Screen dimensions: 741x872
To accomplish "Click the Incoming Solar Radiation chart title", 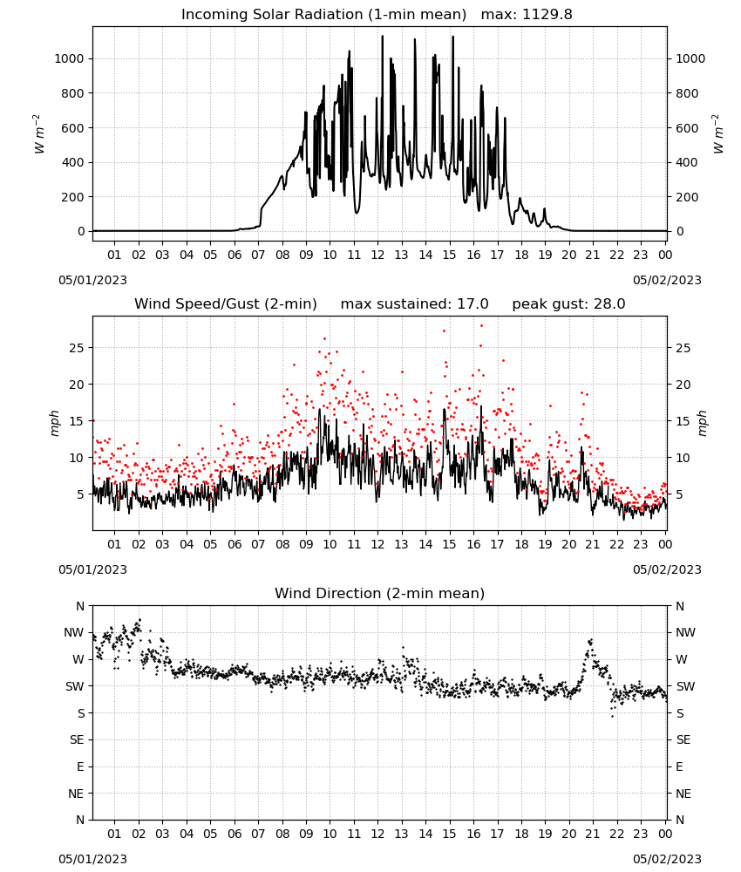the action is pos(323,15).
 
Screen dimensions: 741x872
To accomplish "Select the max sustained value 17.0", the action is pos(472,303).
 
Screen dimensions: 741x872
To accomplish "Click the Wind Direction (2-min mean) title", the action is pos(380,593).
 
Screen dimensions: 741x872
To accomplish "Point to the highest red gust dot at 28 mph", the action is pos(481,326).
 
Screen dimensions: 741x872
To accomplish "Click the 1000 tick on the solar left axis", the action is pos(69,59).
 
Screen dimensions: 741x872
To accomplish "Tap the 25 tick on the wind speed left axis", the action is pos(76,348).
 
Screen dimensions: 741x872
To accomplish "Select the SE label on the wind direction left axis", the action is pos(77,739).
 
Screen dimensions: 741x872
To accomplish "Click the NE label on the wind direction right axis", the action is pos(683,794).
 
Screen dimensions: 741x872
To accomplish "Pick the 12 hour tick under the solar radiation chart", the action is pos(377,255).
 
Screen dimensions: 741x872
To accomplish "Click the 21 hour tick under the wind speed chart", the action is pos(593,544).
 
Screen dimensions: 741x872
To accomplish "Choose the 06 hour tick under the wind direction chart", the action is pos(235,834).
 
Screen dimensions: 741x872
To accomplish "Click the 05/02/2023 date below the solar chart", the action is pos(667,280).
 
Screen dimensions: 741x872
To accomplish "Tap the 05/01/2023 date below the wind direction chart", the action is pos(92,859).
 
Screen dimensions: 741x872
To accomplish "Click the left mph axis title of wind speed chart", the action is pos(54,423).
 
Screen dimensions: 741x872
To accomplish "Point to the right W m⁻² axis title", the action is pos(717,133).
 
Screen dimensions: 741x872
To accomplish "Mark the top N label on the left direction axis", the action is pos(80,606).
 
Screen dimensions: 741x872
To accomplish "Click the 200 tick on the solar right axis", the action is pos(687,197).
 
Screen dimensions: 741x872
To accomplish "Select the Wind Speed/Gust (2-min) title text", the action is pos(226,303).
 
